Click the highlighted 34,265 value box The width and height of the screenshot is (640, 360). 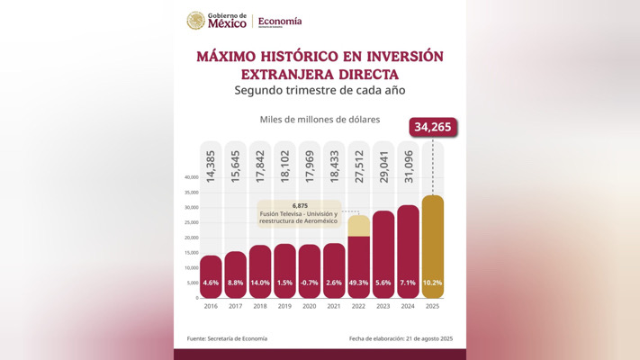coord(433,127)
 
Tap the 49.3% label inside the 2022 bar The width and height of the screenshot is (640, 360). coord(358,283)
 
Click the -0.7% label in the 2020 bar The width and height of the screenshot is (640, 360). coord(309,283)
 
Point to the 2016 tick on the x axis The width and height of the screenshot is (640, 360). coord(211,306)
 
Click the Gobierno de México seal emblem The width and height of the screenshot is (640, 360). coord(195,21)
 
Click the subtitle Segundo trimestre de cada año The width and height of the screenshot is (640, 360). coord(320,90)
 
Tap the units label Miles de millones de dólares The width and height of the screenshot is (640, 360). coord(320,119)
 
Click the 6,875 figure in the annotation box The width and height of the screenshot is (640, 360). coord(300,205)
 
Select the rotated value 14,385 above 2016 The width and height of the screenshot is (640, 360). coord(211,167)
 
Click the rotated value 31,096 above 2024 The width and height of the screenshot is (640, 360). coord(408,167)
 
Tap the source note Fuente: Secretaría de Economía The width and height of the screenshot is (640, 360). coord(227,339)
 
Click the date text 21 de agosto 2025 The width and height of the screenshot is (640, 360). coord(430,339)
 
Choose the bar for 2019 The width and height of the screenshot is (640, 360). coord(284,265)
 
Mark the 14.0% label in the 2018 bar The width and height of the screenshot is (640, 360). coord(260,283)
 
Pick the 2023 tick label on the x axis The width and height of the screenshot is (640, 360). coord(383,306)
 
